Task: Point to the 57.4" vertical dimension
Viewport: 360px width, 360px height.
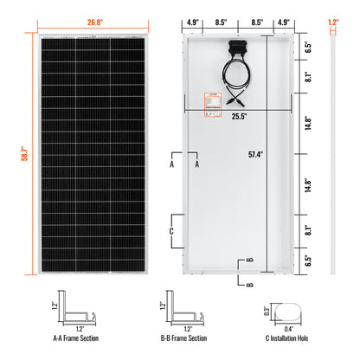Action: point(250,155)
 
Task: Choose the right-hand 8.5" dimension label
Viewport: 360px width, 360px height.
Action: point(259,14)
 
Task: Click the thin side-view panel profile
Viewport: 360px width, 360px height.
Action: point(334,156)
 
